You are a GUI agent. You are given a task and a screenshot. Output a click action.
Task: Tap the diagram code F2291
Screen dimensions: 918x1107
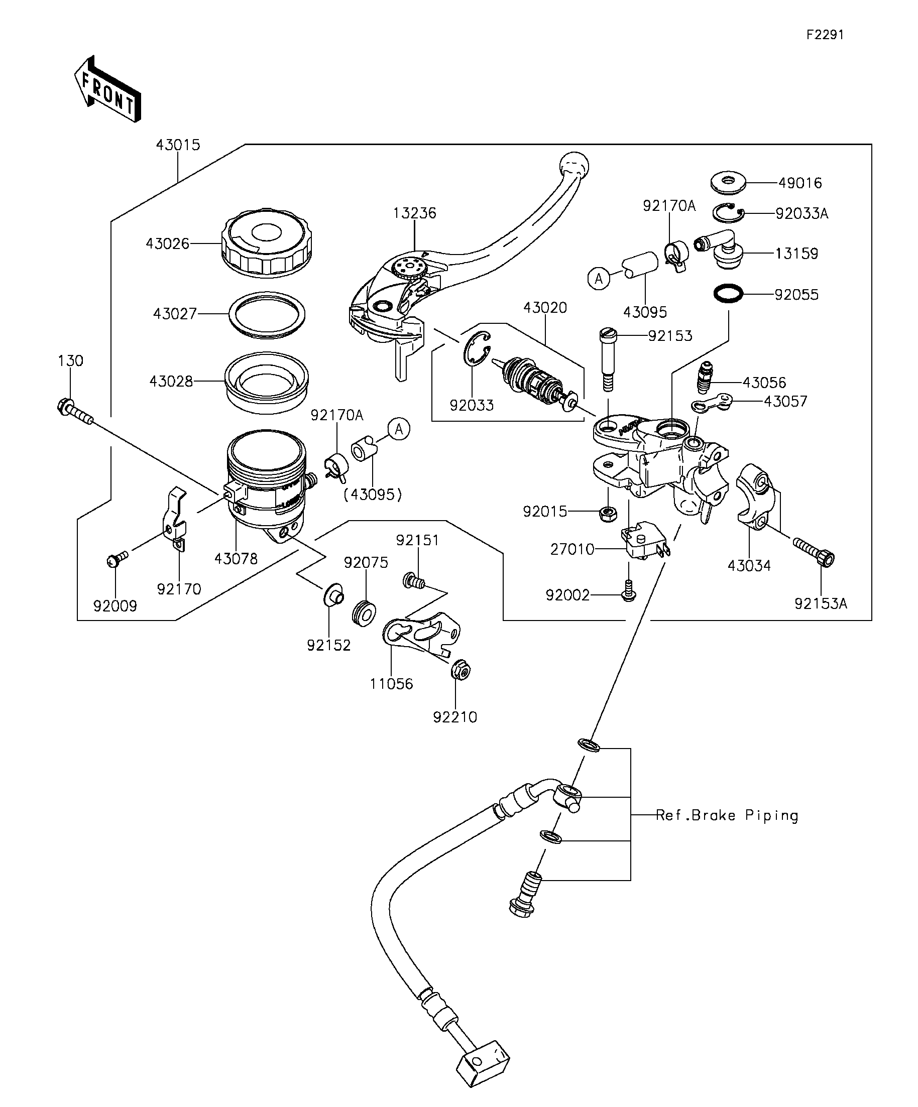tap(825, 35)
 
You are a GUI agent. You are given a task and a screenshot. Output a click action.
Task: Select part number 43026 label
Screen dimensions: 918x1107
tap(167, 243)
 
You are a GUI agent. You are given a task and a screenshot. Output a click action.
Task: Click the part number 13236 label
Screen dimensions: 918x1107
tap(414, 213)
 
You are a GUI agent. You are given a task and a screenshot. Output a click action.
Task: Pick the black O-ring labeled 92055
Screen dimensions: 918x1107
tap(728, 294)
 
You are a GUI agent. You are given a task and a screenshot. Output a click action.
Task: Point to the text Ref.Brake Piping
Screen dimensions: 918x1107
tap(727, 815)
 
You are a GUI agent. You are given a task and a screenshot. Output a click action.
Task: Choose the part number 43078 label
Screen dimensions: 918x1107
tap(236, 559)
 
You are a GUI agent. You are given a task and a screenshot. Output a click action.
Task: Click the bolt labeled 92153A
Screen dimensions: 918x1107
tap(814, 551)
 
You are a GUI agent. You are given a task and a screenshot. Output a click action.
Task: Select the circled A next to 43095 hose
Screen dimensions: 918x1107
tap(598, 278)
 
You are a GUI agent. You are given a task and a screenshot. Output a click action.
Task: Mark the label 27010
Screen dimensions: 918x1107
tap(572, 549)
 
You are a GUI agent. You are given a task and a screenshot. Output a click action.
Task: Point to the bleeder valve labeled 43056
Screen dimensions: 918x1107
tap(705, 377)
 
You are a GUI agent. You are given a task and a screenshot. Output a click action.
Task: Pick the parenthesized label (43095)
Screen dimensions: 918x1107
tap(373, 495)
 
